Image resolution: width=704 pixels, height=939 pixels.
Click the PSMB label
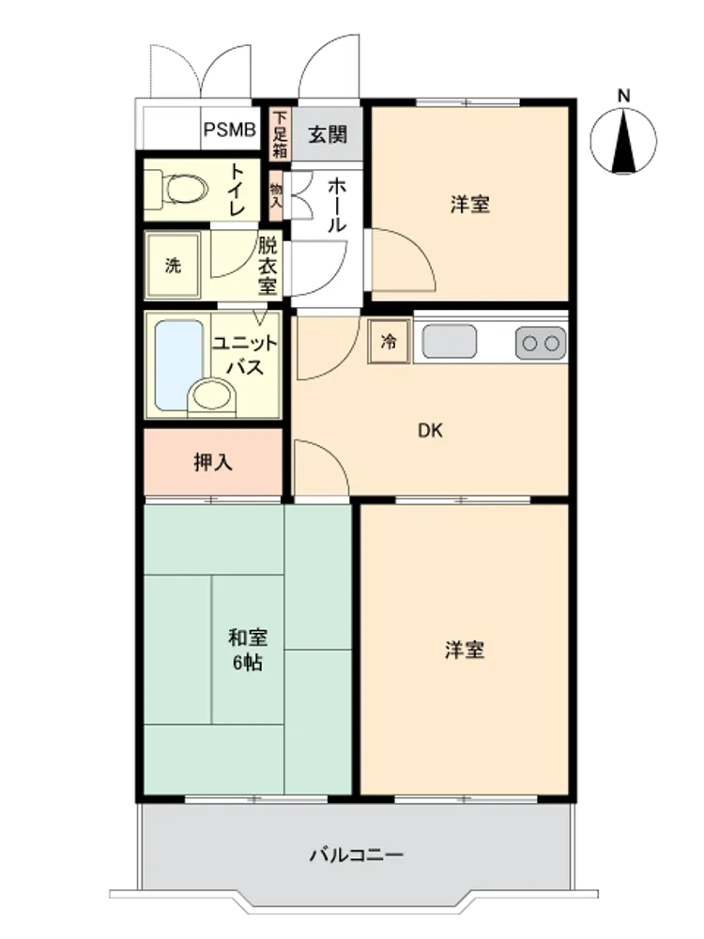coord(230,130)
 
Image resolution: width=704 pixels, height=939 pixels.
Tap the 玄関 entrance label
coord(328,134)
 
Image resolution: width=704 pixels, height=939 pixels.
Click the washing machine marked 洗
coord(173,265)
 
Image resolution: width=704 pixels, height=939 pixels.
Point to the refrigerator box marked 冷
coord(390,342)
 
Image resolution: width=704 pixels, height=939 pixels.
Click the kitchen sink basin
coord(450,342)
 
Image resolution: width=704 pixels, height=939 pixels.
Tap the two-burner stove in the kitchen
coord(541,343)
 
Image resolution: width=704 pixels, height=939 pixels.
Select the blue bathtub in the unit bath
coord(179,364)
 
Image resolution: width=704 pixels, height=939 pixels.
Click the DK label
coord(431,430)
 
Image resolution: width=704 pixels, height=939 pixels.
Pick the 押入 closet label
coord(213,462)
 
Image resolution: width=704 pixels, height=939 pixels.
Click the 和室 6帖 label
coord(247,649)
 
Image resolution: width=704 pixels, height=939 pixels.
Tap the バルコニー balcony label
coord(357,854)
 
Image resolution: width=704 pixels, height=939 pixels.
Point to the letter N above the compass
coord(624,96)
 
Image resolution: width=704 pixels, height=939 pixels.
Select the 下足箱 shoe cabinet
coord(280,134)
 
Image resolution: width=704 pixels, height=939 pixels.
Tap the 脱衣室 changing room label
coord(268,266)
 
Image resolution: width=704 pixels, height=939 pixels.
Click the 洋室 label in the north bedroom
coord(470,204)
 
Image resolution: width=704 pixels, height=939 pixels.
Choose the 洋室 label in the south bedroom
coord(465,649)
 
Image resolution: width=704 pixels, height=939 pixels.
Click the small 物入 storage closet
coord(276,195)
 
